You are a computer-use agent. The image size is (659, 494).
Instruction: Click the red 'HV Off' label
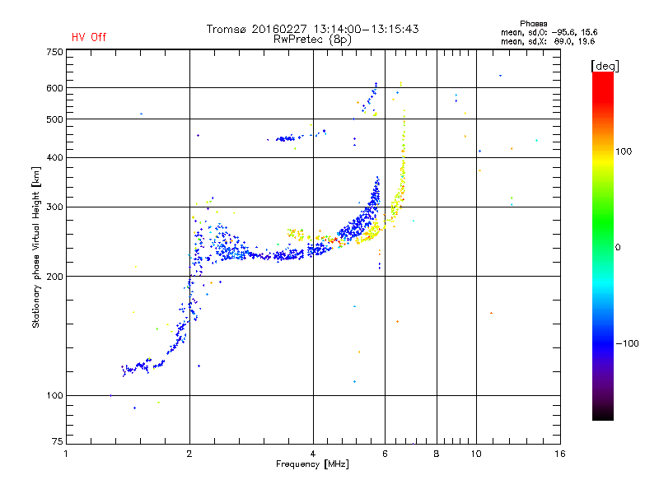click(x=89, y=37)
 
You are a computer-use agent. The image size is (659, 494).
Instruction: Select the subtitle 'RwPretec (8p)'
click(x=312, y=40)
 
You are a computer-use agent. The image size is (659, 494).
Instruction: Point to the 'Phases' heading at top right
click(x=533, y=24)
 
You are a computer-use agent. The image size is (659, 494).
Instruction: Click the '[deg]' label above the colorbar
click(x=605, y=66)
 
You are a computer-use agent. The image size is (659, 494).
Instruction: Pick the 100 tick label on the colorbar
click(x=624, y=151)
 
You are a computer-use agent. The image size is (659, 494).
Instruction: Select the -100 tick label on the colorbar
click(x=627, y=343)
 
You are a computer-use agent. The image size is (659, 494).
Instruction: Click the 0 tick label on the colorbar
click(x=618, y=248)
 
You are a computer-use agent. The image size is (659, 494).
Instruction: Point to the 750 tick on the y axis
click(x=54, y=52)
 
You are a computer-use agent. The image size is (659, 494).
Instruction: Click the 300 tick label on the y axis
click(x=54, y=207)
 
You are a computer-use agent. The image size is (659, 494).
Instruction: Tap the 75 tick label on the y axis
click(x=58, y=441)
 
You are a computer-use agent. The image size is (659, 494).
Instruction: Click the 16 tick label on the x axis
click(x=560, y=454)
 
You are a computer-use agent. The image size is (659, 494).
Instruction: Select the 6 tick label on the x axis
click(x=385, y=454)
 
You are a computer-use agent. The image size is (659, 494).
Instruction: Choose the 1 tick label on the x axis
click(x=66, y=454)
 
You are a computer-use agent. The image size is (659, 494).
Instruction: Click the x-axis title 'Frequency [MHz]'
click(x=312, y=464)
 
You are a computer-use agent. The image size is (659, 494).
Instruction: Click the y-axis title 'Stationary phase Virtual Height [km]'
click(x=36, y=247)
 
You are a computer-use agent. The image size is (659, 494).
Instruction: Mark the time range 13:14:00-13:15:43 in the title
click(x=366, y=29)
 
